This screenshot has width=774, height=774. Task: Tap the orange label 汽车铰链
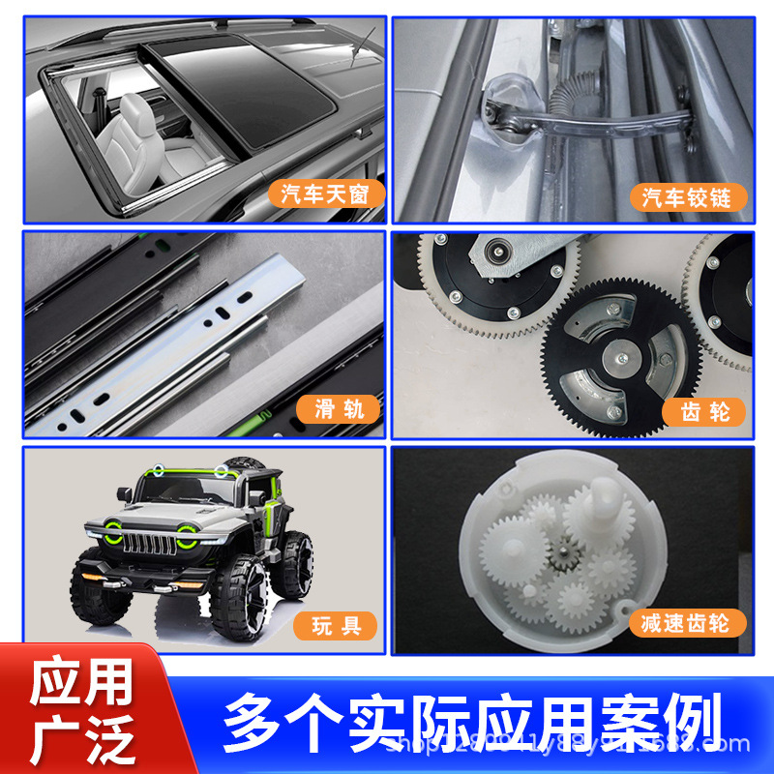(x=694, y=197)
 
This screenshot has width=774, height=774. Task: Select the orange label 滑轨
(x=338, y=409)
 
